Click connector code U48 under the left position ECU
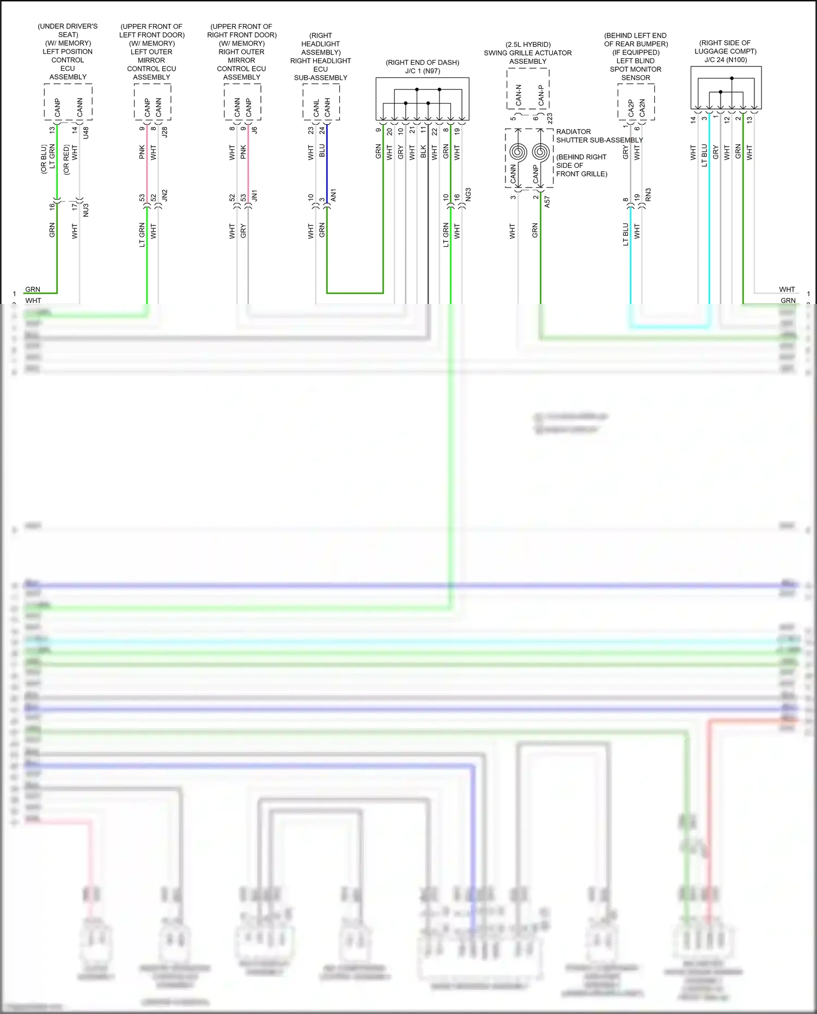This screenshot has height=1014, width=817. click(x=86, y=132)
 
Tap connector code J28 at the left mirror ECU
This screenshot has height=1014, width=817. click(x=165, y=131)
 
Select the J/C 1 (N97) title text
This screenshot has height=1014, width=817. click(x=422, y=71)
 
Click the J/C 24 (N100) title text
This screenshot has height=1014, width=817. click(x=725, y=60)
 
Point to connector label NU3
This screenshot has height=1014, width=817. click(x=86, y=210)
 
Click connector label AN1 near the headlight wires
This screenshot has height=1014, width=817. click(x=334, y=196)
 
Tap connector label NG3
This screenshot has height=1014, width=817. click(x=468, y=195)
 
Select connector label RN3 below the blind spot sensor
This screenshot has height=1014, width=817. click(x=648, y=195)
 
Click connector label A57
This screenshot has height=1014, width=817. click(x=547, y=202)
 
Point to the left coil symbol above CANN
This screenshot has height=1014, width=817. click(x=517, y=151)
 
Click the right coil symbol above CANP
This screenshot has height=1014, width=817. click(x=540, y=151)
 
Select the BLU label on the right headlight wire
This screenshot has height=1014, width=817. click(x=322, y=151)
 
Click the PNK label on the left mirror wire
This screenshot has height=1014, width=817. click(x=142, y=152)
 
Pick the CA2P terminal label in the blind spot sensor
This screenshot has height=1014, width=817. click(x=631, y=108)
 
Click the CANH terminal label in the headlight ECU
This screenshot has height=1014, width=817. click(x=327, y=108)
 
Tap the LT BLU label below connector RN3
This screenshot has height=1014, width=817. click(x=626, y=234)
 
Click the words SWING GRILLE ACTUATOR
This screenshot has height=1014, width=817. click(x=527, y=53)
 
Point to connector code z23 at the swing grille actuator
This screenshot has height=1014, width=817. click(x=550, y=118)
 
